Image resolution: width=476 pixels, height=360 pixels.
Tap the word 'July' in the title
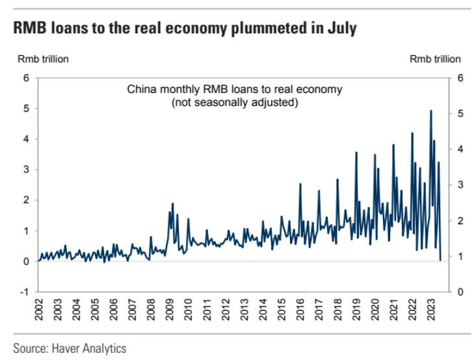pos(341,30)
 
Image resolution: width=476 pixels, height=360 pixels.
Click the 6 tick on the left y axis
pos(27,78)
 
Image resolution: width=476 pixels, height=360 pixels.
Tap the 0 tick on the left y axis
pos(27,261)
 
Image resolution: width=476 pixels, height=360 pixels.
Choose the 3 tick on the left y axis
pos(27,170)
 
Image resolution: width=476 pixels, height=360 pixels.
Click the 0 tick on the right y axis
pos(460,292)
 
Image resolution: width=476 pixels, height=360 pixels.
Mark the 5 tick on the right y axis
pos(460,114)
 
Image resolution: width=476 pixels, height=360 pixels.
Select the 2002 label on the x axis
pos(38,311)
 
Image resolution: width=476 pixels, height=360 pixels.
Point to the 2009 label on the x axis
pos(168,311)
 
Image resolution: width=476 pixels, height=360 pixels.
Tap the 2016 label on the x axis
pos(298,311)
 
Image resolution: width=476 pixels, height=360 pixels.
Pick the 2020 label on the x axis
pos(373,311)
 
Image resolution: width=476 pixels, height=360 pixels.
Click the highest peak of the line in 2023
pos(430,111)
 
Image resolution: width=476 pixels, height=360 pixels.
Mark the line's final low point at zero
pos(441,261)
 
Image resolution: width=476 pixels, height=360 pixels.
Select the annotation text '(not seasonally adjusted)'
pos(234,103)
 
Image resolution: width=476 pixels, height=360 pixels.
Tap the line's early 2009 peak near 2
pos(172,204)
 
